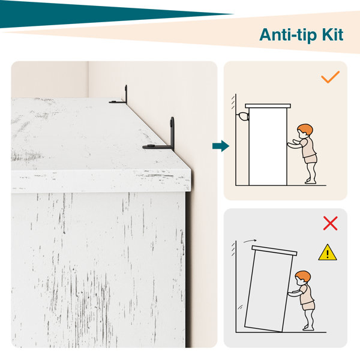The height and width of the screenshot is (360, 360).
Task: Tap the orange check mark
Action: coord(330,77)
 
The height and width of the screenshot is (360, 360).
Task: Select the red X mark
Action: coord(330,223)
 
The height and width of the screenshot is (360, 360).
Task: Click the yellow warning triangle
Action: coord(328,253)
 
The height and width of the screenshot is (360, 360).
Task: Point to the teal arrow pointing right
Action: coord(221,146)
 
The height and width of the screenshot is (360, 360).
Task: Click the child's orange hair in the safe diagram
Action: coord(306,130)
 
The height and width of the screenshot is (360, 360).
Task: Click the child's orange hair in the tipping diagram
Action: coord(304,277)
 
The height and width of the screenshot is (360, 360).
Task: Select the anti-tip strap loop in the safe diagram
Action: coord(244,116)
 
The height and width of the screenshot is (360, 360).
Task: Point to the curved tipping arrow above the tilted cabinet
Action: coord(250,241)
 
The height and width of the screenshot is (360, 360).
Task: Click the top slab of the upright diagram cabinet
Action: coord(268,106)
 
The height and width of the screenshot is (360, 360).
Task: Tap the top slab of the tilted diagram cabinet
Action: coord(274,251)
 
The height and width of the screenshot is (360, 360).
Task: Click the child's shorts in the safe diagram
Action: coord(311,159)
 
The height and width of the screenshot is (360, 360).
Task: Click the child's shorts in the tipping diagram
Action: coord(308,306)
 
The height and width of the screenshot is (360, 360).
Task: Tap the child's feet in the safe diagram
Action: coord(311,181)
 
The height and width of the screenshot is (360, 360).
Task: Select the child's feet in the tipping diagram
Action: coord(308,328)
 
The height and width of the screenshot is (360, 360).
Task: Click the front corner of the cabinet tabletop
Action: coord(191,170)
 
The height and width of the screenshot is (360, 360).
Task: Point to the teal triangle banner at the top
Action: coord(92,14)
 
